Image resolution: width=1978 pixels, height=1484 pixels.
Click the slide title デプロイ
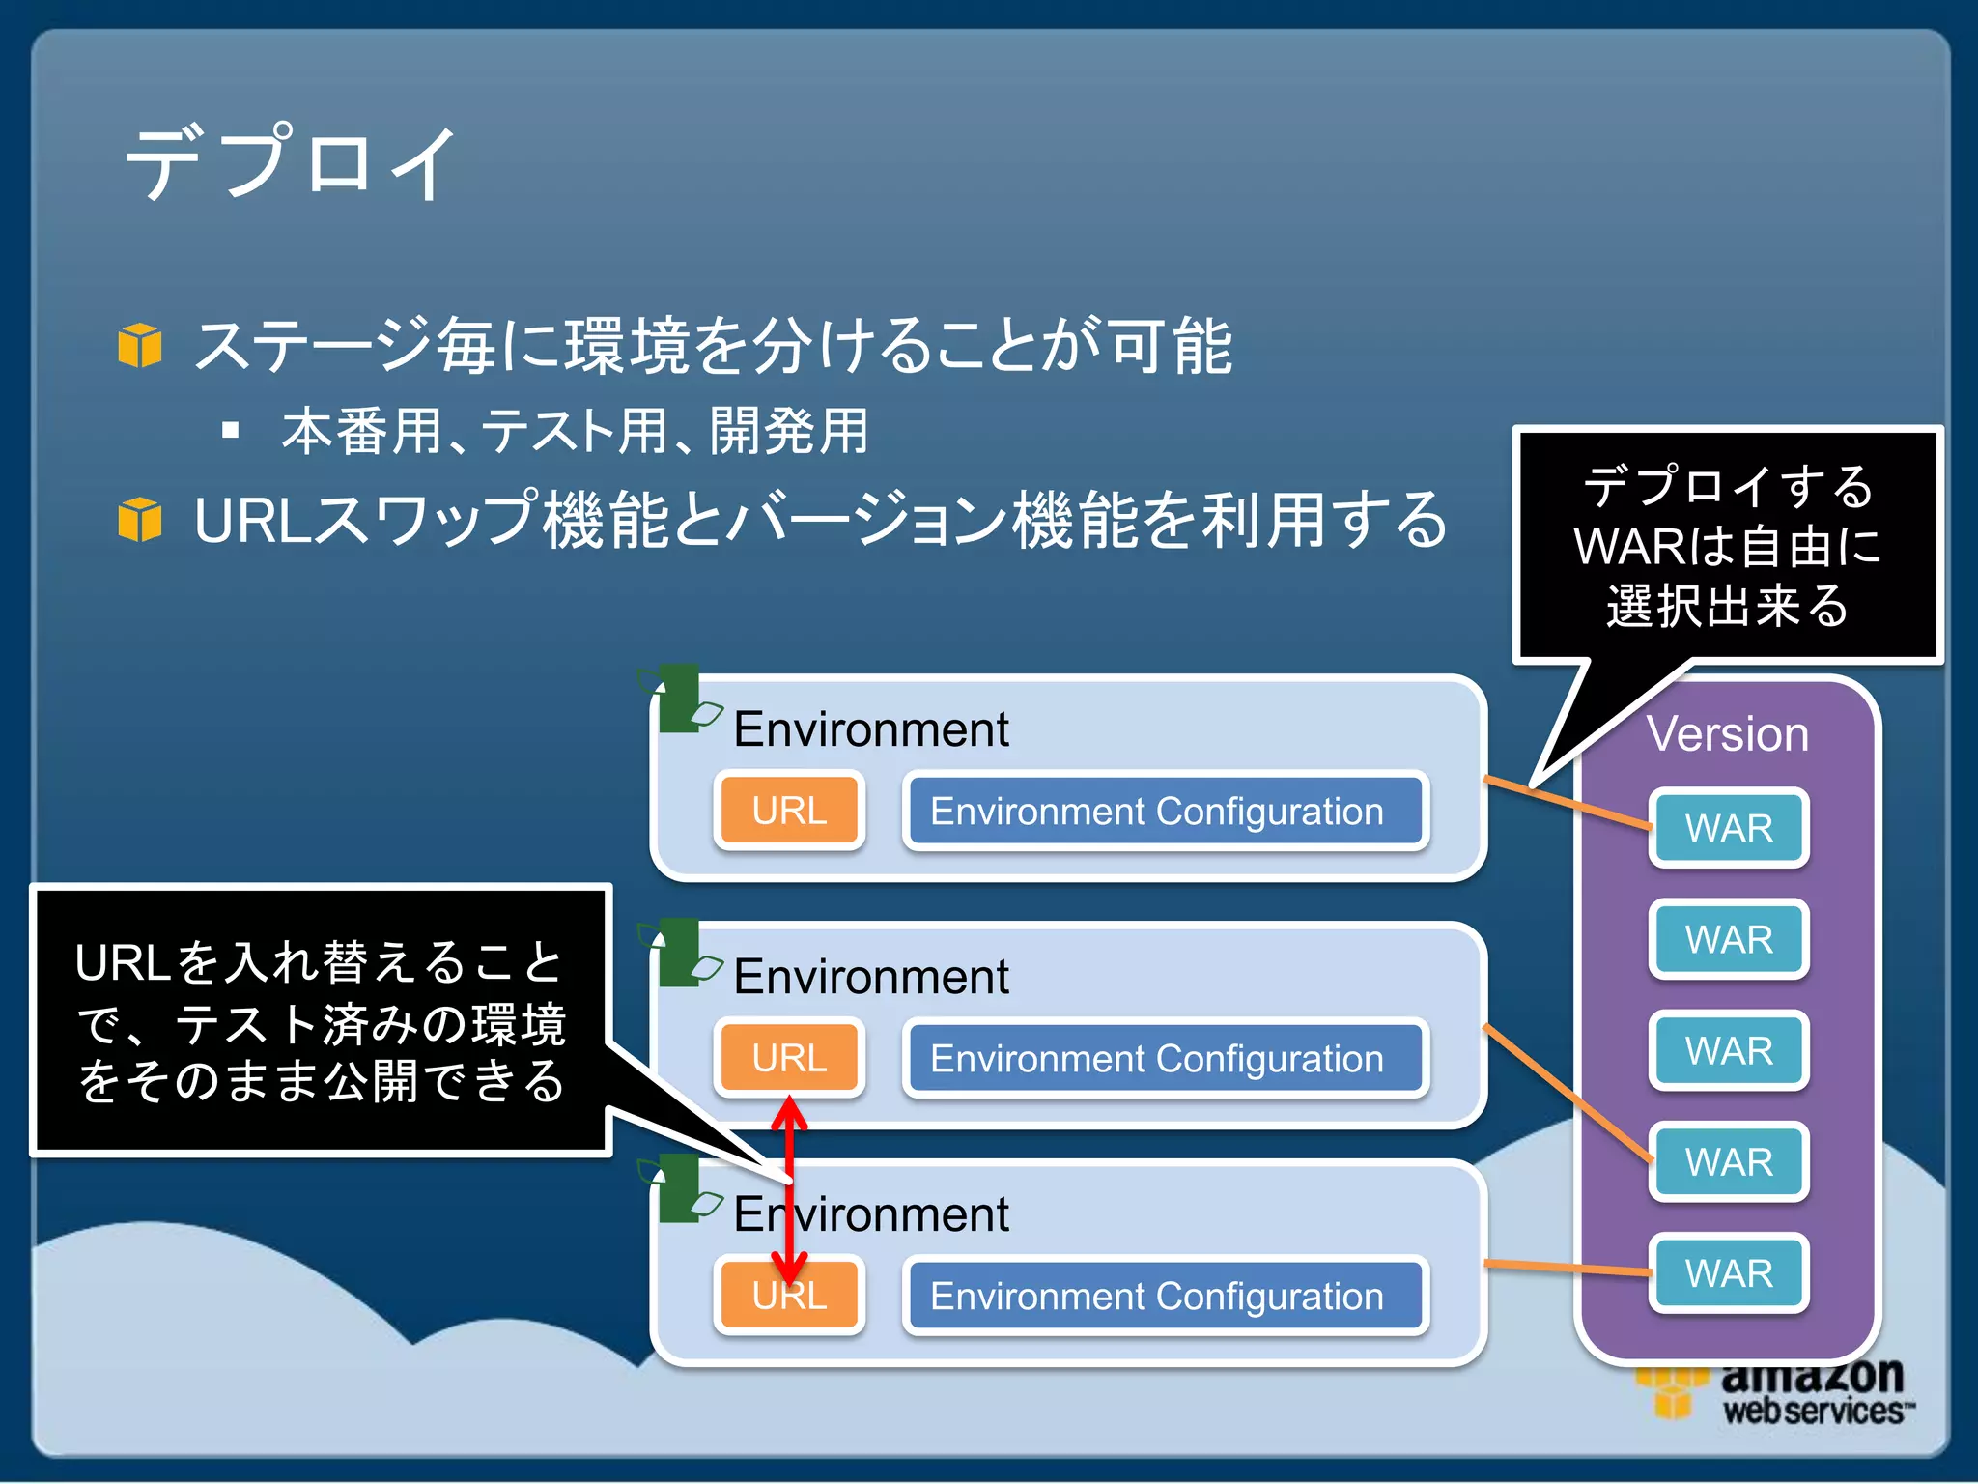(290, 162)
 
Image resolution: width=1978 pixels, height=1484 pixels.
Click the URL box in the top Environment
(789, 811)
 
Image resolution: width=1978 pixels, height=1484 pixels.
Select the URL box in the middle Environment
(789, 1058)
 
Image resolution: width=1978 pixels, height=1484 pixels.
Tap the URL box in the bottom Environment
(789, 1296)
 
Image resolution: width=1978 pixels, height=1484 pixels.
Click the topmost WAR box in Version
(1728, 828)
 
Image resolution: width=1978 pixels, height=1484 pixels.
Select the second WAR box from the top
(1728, 939)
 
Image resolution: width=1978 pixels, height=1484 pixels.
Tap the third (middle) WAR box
(1728, 1050)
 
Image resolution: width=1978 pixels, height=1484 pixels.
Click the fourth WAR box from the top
(1728, 1161)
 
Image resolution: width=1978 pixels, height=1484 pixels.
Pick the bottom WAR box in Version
(1728, 1272)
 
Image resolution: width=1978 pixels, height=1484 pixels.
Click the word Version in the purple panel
(1727, 734)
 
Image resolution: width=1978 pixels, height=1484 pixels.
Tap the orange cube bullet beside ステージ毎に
(140, 345)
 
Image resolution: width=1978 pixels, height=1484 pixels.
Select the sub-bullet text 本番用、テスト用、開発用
(575, 431)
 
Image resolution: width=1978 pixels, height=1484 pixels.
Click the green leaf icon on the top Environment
(681, 699)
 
